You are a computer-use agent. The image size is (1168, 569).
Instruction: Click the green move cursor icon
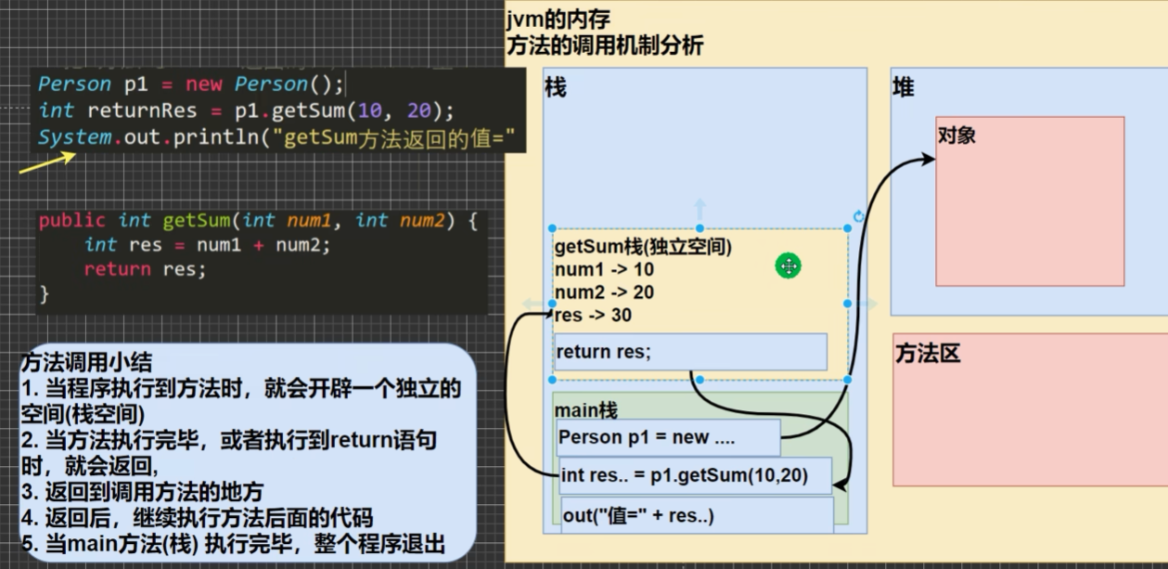tap(788, 266)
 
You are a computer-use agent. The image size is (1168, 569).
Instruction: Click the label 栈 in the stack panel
tap(555, 88)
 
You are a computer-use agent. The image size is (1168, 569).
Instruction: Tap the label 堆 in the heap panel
tap(903, 87)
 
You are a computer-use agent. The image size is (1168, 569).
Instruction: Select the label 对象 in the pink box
tap(956, 136)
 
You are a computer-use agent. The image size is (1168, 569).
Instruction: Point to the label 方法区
tap(928, 354)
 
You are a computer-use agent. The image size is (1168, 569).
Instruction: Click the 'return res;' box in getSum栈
tap(689, 352)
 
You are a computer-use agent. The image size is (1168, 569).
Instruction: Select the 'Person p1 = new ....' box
tap(668, 437)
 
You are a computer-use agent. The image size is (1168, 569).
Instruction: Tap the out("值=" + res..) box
tap(696, 515)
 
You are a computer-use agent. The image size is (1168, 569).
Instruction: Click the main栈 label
tap(585, 409)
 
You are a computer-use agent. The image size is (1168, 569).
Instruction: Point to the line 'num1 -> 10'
tap(603, 270)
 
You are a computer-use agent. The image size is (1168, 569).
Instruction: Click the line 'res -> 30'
tap(593, 316)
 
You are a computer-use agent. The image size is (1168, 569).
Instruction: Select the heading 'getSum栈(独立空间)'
tap(643, 248)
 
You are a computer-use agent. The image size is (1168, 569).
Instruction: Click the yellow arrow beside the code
tap(46, 163)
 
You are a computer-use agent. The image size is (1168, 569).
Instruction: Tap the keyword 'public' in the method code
tap(72, 221)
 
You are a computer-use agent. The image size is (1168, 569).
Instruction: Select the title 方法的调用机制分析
tap(605, 45)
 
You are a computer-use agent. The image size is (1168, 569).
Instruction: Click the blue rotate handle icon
tap(858, 216)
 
